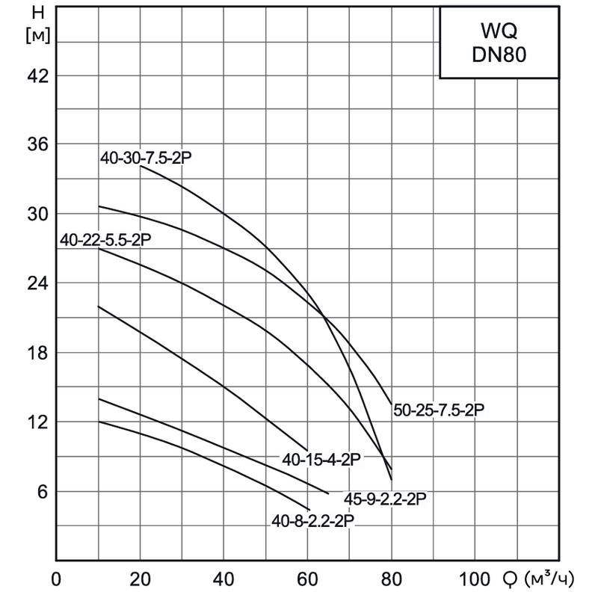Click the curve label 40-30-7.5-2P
tap(152, 158)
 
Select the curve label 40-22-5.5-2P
tap(105, 241)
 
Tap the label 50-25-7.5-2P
tap(439, 410)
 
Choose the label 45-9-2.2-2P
tap(385, 499)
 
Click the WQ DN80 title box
tap(499, 43)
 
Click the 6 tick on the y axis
tap(42, 492)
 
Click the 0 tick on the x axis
tap(56, 579)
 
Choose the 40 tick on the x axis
tap(224, 579)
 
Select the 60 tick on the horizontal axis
tap(307, 579)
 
